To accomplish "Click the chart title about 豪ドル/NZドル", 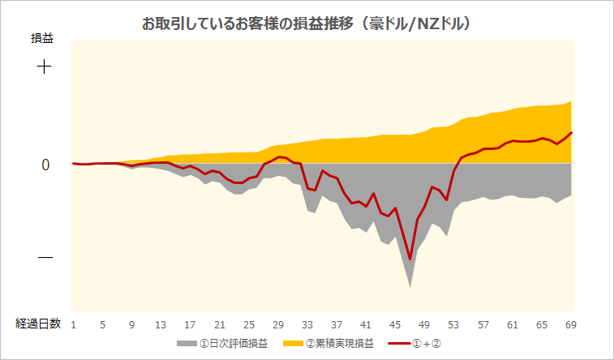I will pyautogui.click(x=307, y=24).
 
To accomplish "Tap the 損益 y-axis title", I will pyautogui.click(x=43, y=37).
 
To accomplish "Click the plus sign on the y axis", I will pyautogui.click(x=44, y=66).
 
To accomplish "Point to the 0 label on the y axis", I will pyautogui.click(x=45, y=165).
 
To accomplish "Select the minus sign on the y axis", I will pyautogui.click(x=45, y=258).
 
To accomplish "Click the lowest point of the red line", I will pyautogui.click(x=410, y=259).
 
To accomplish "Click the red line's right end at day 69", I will pyautogui.click(x=572, y=132).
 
